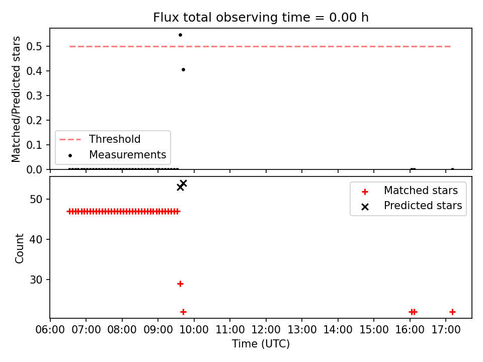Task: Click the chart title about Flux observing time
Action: click(261, 17)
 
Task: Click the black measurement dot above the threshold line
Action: click(180, 35)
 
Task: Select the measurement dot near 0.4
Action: click(183, 69)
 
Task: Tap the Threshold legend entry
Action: click(100, 139)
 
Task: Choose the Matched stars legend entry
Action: click(410, 191)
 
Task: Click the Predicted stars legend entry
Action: click(412, 206)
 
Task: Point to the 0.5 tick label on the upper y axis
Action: click(34, 46)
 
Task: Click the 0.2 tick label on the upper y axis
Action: click(34, 120)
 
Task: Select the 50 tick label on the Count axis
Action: click(36, 199)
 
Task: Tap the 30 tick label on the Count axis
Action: click(36, 280)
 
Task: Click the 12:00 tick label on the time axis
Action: click(266, 330)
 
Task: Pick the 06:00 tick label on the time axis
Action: click(50, 330)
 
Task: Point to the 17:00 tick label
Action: click(446, 330)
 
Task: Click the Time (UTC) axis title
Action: click(261, 343)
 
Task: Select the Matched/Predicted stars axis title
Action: click(16, 99)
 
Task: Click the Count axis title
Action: click(19, 248)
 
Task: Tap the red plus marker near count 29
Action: click(181, 284)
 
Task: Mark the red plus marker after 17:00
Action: click(452, 312)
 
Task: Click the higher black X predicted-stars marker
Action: click(183, 184)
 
